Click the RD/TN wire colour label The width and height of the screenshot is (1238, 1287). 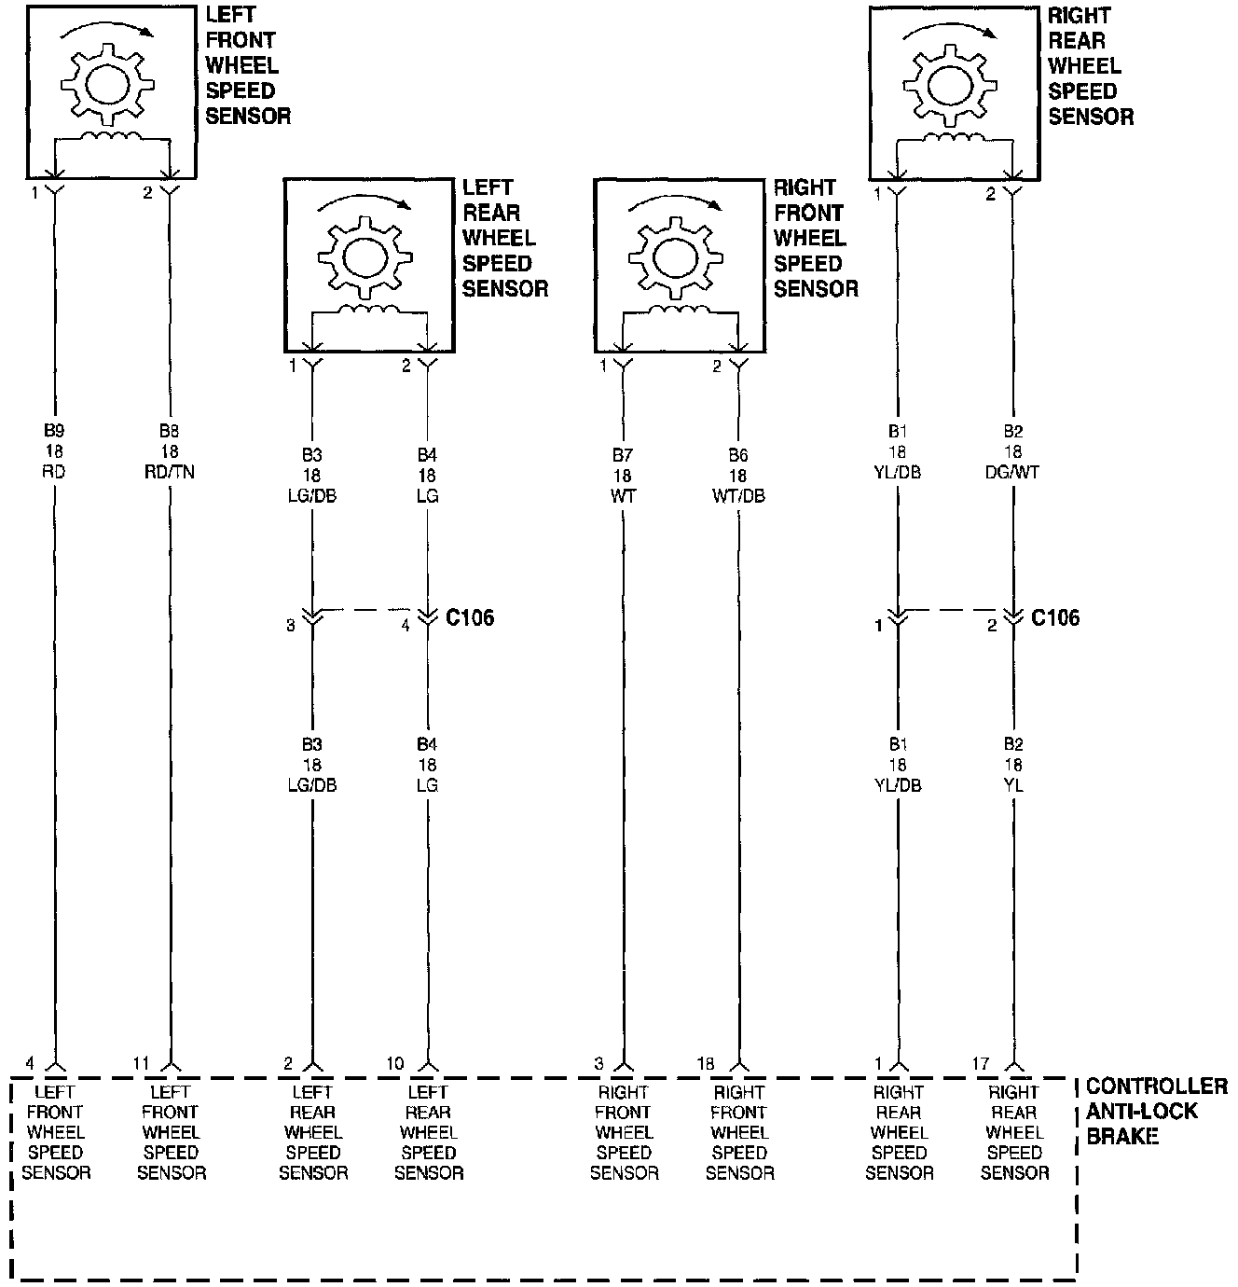click(x=170, y=472)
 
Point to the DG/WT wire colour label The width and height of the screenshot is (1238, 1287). click(x=1013, y=472)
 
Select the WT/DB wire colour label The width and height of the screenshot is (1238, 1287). click(x=739, y=496)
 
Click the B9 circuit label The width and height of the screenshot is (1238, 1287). click(x=54, y=432)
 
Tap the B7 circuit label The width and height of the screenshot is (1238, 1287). click(x=623, y=456)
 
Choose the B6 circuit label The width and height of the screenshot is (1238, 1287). click(x=739, y=456)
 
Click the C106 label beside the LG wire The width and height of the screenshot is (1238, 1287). click(x=470, y=617)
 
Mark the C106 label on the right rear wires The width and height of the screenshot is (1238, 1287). click(x=1055, y=617)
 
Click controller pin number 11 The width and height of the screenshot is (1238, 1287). click(x=141, y=1063)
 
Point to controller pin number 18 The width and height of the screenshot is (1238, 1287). click(x=705, y=1063)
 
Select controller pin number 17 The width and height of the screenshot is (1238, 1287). click(x=980, y=1063)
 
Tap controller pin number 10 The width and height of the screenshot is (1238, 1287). click(x=395, y=1063)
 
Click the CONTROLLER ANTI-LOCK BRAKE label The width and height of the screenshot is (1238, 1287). click(x=1156, y=1111)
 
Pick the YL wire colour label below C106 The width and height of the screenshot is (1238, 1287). click(x=1013, y=785)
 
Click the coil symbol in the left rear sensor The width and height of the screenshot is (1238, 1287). click(x=368, y=310)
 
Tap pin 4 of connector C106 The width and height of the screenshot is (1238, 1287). click(x=406, y=626)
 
